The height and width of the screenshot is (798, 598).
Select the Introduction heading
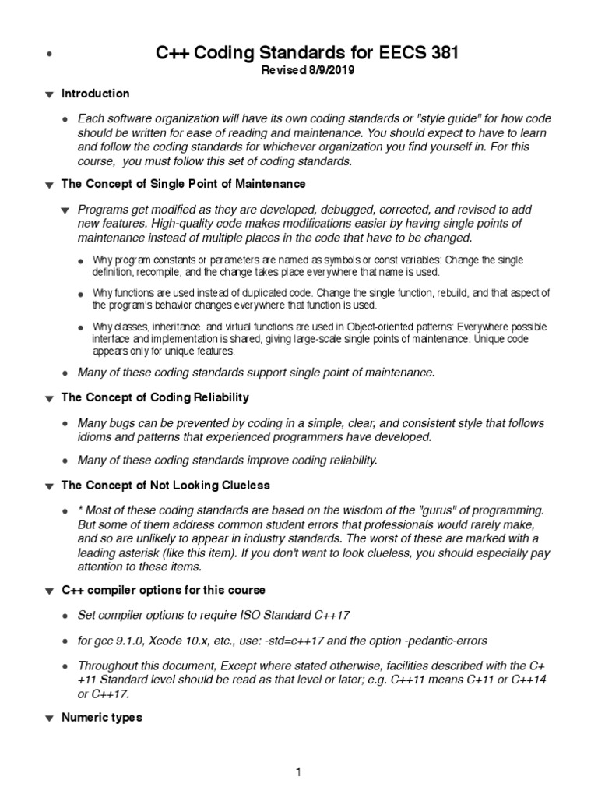coord(95,94)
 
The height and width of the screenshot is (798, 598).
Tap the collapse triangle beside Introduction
coord(48,95)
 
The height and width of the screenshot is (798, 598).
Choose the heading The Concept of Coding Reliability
coord(155,397)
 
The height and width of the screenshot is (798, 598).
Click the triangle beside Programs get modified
coord(65,210)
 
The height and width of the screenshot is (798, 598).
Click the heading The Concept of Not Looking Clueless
coord(165,485)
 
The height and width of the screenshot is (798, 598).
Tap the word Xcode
coord(173,641)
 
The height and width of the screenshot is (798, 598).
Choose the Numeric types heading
coord(101,718)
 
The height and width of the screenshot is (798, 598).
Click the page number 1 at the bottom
coord(297,772)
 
